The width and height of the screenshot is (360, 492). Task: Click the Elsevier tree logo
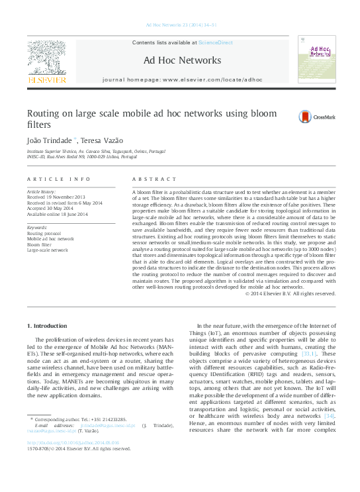coord(46,58)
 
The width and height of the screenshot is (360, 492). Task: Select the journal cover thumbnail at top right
coord(316,61)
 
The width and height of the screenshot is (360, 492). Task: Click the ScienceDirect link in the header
coord(216,42)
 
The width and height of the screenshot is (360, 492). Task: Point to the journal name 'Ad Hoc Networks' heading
coord(182,60)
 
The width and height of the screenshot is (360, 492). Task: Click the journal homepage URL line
coord(182,79)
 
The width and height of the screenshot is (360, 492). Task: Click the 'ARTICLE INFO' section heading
coord(58,179)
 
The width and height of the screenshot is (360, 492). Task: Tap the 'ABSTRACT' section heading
coord(152,179)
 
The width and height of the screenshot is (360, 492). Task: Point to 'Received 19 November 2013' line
coord(56,197)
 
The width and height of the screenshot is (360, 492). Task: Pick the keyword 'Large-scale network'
coord(47,250)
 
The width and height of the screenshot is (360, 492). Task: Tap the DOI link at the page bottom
coord(73,442)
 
